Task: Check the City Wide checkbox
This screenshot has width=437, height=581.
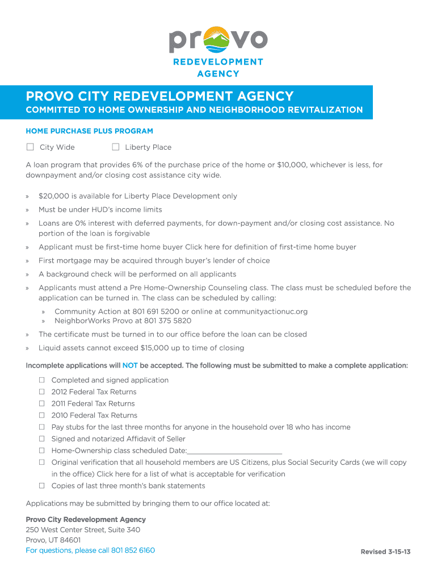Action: (30, 147)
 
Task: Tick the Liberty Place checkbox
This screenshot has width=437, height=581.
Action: (115, 147)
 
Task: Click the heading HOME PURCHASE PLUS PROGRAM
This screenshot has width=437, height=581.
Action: (89, 131)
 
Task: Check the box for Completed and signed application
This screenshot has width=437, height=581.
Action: (42, 380)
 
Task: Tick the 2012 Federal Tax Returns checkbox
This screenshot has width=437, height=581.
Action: (42, 392)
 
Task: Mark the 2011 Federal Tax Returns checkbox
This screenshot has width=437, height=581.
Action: (42, 403)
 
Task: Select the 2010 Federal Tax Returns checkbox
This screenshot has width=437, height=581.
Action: (42, 415)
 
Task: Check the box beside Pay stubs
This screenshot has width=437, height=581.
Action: (42, 427)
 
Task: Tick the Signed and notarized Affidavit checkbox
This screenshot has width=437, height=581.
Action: (42, 439)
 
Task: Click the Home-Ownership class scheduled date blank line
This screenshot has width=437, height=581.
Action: (234, 451)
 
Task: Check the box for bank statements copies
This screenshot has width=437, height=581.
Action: (42, 486)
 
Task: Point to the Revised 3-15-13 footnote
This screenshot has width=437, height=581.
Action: (385, 552)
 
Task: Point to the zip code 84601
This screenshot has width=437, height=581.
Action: (69, 540)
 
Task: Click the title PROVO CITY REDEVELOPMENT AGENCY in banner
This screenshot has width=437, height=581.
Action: (159, 96)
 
